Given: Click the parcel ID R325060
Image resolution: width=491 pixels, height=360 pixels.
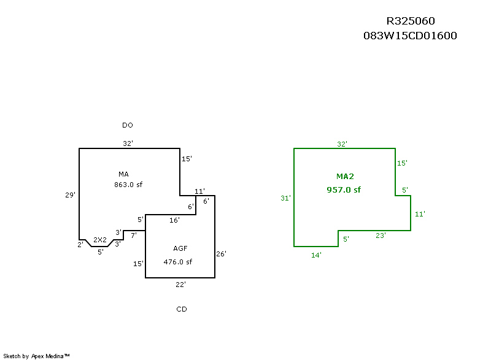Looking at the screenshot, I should point(411,21).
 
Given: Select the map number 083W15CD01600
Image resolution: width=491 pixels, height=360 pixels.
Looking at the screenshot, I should point(411,36).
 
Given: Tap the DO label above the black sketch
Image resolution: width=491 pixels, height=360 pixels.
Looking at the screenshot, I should point(128,125).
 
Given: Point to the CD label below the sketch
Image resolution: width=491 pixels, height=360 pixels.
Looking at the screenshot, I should point(182,309).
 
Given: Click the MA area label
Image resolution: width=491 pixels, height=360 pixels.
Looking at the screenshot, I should point(123,174).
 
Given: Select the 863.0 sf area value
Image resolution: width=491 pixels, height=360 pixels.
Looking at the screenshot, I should point(128,184).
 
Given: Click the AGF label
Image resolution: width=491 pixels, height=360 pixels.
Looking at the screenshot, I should point(180,248).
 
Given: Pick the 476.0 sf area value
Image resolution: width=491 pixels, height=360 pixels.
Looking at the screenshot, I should point(178,262).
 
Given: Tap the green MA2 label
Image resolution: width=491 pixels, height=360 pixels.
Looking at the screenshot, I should point(345,177).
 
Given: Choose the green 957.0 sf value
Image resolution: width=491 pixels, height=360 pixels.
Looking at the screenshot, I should point(344,190).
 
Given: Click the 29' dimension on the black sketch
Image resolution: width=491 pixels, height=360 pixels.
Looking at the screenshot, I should point(71,195).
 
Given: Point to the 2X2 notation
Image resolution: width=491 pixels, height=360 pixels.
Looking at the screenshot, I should point(100,240).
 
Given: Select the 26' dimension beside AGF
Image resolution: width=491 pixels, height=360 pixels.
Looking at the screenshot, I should point(222,254).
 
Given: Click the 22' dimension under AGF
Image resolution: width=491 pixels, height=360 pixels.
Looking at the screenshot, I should point(180,285).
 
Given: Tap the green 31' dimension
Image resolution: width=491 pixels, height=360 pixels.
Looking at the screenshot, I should point(285,198).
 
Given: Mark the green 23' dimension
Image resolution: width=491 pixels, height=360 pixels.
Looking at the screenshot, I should point(381,235).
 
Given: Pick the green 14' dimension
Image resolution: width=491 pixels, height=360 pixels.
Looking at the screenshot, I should point(316,255).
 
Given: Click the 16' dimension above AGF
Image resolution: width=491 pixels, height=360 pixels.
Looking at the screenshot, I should point(174,220).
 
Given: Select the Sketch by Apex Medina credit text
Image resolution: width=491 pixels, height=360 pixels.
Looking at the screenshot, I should point(37,356).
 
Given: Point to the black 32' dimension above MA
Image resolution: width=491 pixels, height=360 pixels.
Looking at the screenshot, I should point(128,144).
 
